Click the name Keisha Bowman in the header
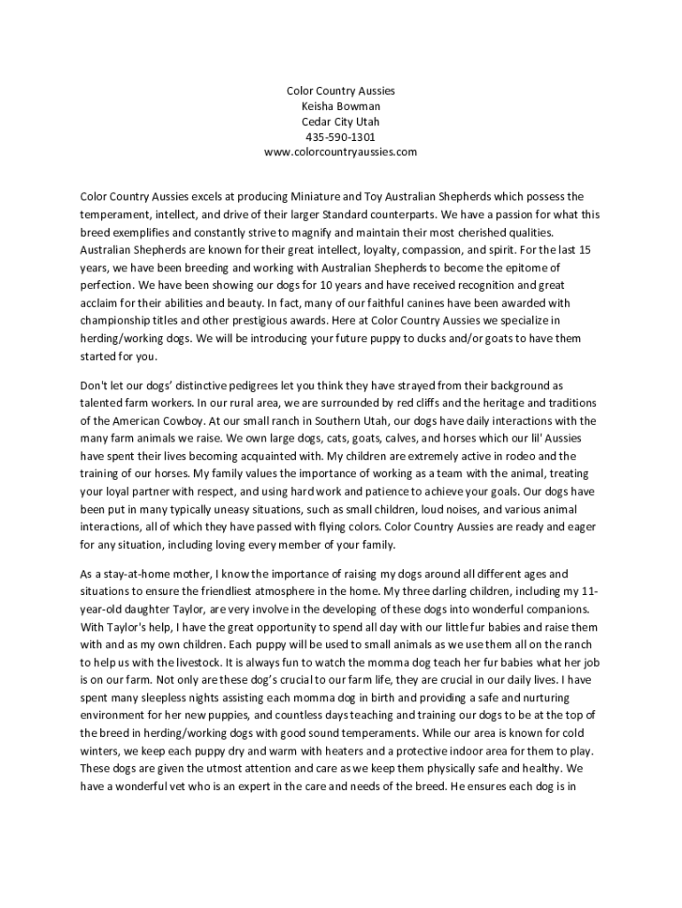341,106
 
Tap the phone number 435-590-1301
341,137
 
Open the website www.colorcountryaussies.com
341,153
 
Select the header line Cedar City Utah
341,121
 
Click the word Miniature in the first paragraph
314,196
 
